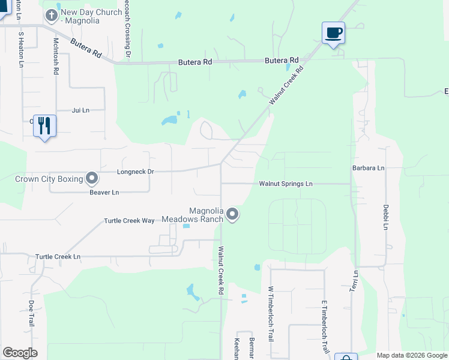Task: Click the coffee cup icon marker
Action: (x=333, y=32)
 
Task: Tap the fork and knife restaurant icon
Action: (x=44, y=125)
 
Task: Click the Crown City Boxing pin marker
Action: (x=92, y=178)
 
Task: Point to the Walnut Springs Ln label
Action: (x=286, y=184)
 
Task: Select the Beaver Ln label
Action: (x=104, y=192)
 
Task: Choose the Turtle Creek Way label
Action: (x=129, y=221)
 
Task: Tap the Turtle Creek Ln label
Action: (x=58, y=256)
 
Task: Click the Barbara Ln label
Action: (x=368, y=168)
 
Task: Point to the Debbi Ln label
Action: (x=386, y=217)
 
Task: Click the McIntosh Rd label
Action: (x=56, y=56)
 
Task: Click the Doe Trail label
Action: (x=32, y=313)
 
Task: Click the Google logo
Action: (x=20, y=353)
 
